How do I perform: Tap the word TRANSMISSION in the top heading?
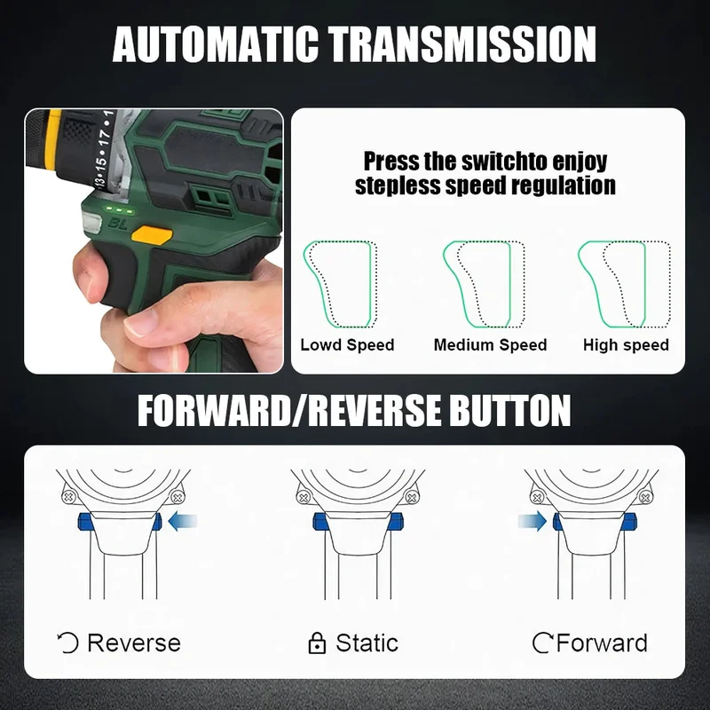pos(461,44)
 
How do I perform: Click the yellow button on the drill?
pos(152,235)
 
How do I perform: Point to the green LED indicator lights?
pos(120,210)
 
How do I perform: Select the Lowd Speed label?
pos(347,345)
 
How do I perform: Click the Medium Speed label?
pos(491,345)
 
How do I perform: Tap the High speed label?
pos(626,345)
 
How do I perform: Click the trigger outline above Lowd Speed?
pos(371,284)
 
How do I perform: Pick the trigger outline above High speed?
pos(644,284)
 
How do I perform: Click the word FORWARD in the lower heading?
pos(213,410)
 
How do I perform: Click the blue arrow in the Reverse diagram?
pos(183,521)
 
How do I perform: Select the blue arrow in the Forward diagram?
pos(532,521)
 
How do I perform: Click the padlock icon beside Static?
pos(317,643)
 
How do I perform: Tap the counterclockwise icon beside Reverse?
pos(68,643)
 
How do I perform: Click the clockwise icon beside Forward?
pos(542,643)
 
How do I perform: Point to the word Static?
pos(367,643)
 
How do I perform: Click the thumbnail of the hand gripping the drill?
pos(154,241)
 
